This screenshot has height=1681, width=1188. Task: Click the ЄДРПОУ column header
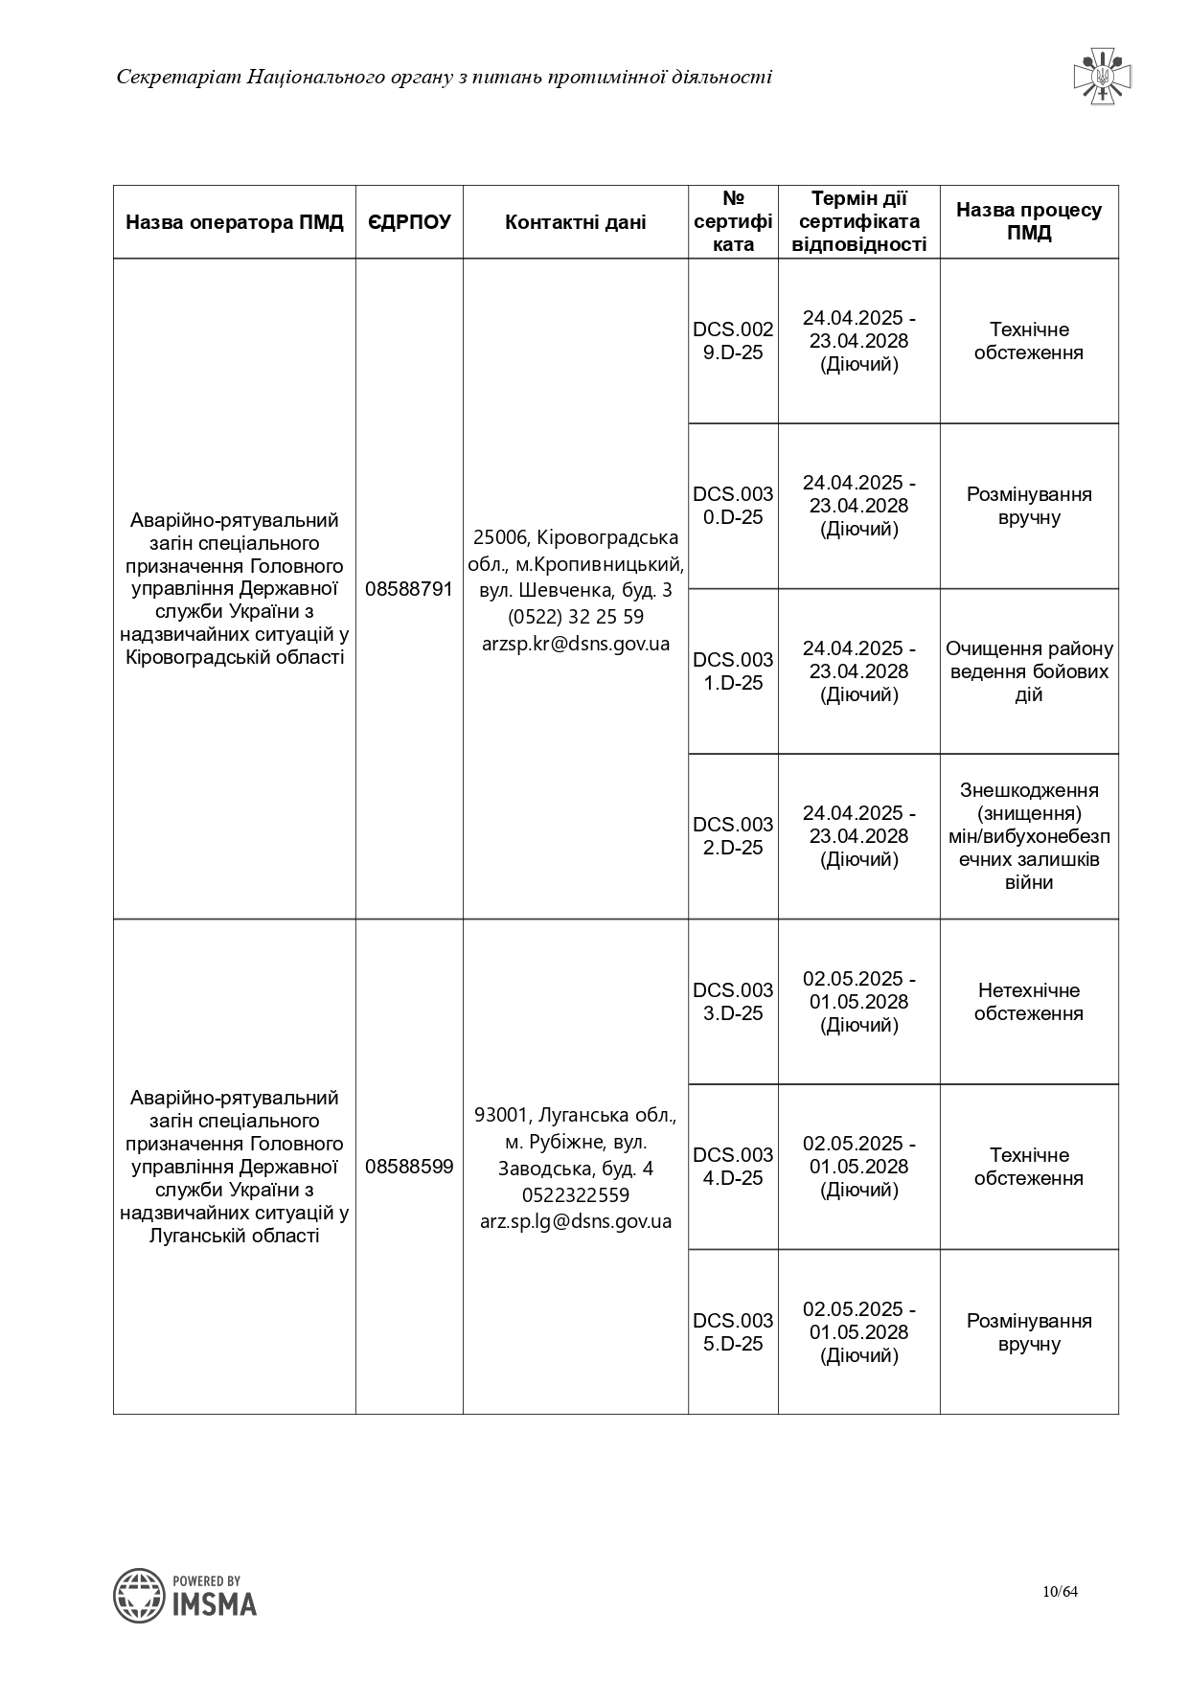click(x=409, y=222)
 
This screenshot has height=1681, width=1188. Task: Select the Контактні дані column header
click(x=575, y=222)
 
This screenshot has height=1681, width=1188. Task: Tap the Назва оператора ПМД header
click(x=235, y=222)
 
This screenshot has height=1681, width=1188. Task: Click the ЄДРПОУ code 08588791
click(x=409, y=589)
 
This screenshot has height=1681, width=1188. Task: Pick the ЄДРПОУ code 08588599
click(x=409, y=1167)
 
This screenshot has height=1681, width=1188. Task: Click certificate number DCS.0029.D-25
click(x=733, y=341)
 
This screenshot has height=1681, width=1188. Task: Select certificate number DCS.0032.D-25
click(x=733, y=836)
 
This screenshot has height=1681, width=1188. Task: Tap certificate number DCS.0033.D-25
click(x=733, y=1002)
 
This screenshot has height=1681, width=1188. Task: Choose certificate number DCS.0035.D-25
click(x=733, y=1332)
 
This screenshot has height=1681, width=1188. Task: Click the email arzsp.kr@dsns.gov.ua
click(x=576, y=644)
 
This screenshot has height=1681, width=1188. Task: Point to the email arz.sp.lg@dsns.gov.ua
click(x=576, y=1221)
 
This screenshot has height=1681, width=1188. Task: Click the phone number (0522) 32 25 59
click(x=576, y=617)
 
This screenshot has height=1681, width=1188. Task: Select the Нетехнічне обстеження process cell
click(x=1029, y=1002)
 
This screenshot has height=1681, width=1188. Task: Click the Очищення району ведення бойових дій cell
click(x=1029, y=671)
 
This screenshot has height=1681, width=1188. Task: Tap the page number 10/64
click(x=1061, y=1592)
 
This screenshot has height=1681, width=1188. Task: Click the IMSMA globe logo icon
click(x=139, y=1596)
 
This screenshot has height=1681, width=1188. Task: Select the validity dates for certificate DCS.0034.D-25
click(x=859, y=1167)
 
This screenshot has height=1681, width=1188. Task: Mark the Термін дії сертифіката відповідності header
click(x=859, y=221)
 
